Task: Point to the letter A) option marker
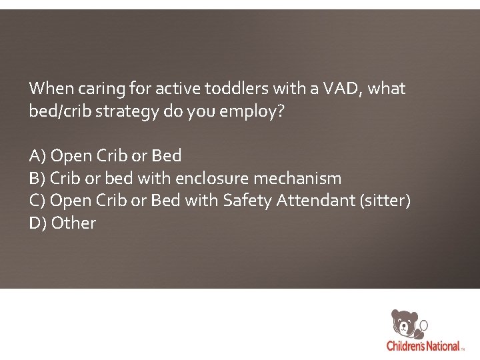37,156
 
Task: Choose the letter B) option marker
37,179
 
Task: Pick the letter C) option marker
37,201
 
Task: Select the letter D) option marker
37,223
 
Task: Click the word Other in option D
73,223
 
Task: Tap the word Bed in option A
167,156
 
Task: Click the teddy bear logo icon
405,324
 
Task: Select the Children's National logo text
423,346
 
